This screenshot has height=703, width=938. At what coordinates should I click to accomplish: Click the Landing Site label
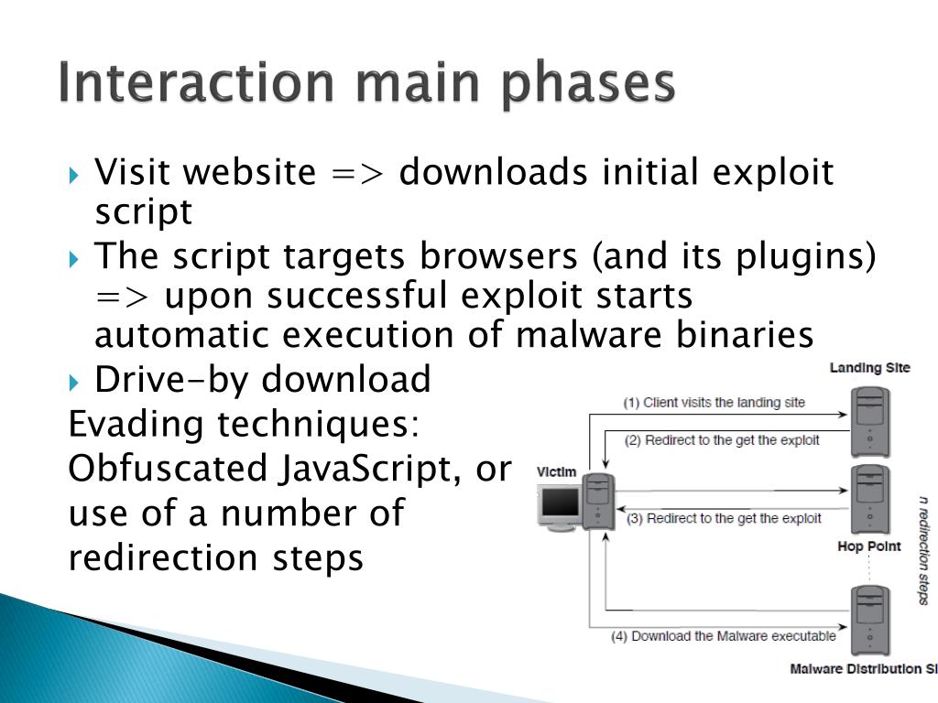pos(869,368)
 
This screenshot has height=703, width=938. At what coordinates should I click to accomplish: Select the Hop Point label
pos(869,546)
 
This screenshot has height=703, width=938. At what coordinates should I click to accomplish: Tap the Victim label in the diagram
pos(556,472)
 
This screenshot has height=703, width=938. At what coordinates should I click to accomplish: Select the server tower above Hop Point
pos(870,499)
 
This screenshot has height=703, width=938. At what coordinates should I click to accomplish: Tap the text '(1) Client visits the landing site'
pos(714,402)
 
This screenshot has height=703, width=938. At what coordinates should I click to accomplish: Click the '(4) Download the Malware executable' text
pos(723,635)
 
